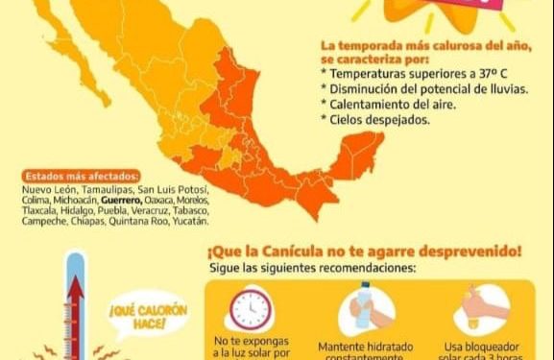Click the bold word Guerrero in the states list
[117, 200]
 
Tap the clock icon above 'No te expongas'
[251, 309]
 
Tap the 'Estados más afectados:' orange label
[80, 176]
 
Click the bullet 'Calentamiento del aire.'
[382, 103]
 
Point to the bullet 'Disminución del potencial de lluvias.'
[414, 88]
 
